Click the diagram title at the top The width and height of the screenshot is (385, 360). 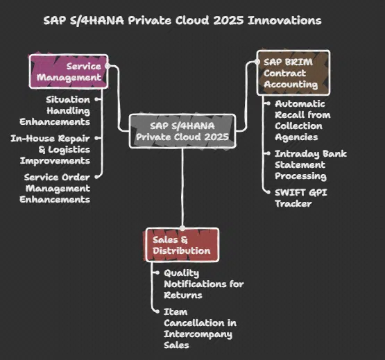pyautogui.click(x=182, y=20)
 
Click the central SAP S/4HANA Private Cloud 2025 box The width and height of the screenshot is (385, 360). pyautogui.click(x=182, y=131)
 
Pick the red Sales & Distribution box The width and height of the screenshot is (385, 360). pyautogui.click(x=182, y=245)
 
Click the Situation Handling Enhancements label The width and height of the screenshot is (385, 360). pyautogui.click(x=68, y=110)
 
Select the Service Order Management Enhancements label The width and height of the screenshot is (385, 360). pyautogui.click(x=57, y=188)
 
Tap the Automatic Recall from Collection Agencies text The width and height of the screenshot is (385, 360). pyautogui.click(x=302, y=120)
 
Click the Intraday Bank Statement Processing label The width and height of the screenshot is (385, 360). pyautogui.click(x=310, y=164)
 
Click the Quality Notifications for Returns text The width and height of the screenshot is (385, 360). pyautogui.click(x=203, y=284)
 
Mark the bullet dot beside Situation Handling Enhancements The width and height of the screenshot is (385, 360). pyautogui.click(x=97, y=99)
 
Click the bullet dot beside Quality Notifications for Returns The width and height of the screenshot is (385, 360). pyautogui.click(x=155, y=274)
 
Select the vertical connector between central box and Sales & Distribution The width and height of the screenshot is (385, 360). pyautogui.click(x=183, y=187)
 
